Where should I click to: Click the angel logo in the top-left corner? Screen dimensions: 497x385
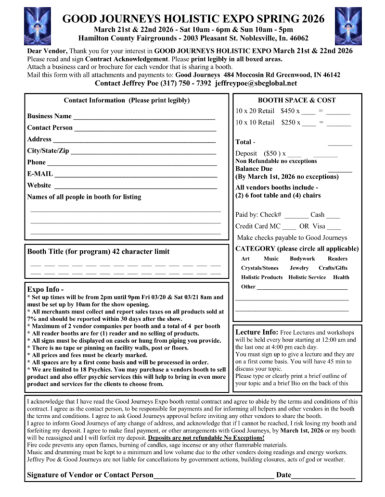coord(37,25)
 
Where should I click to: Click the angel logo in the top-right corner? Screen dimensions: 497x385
coord(348,25)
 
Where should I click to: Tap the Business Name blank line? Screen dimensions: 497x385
coord(144,118)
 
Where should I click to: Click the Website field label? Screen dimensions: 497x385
coord(39,185)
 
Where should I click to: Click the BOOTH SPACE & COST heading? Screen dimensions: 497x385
coord(297,100)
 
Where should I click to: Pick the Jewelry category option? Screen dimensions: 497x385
coord(299,268)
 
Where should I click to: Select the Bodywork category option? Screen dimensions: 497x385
coord(302,259)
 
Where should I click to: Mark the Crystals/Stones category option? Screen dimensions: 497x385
coord(260,268)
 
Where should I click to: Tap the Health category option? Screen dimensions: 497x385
coord(341,277)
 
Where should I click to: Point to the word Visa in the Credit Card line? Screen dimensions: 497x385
coord(319,226)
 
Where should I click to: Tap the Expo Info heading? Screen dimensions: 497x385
coord(46,289)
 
